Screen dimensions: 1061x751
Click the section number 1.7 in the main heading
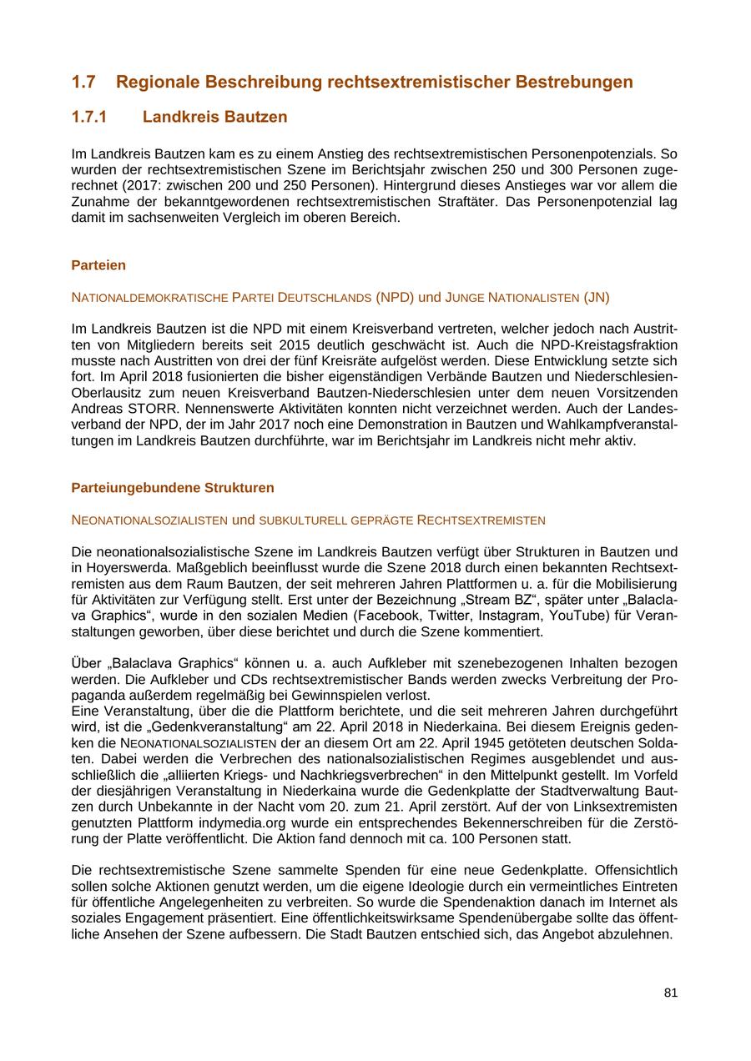tap(83, 82)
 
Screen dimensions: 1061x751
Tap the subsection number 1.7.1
tap(89, 117)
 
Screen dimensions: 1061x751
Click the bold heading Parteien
tap(98, 265)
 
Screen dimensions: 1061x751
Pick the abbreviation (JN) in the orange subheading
tap(596, 298)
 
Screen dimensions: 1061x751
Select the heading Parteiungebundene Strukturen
tap(172, 487)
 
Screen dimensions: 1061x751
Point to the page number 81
tap(671, 993)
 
